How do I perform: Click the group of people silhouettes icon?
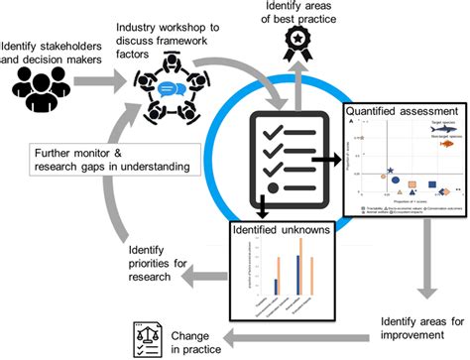39,87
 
